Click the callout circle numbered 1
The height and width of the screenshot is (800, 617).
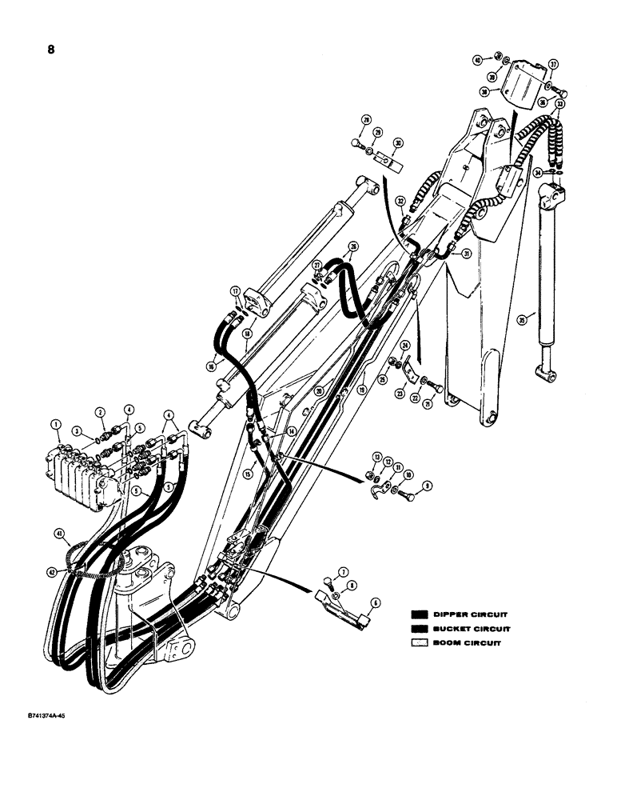[x=55, y=423]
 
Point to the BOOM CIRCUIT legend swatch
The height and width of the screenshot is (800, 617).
[x=420, y=644]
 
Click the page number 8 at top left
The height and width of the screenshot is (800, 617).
[x=50, y=49]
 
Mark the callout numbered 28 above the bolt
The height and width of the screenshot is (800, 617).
[x=366, y=120]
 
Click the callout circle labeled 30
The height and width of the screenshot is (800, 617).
[x=398, y=143]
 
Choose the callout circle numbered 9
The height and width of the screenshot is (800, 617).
[x=426, y=484]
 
